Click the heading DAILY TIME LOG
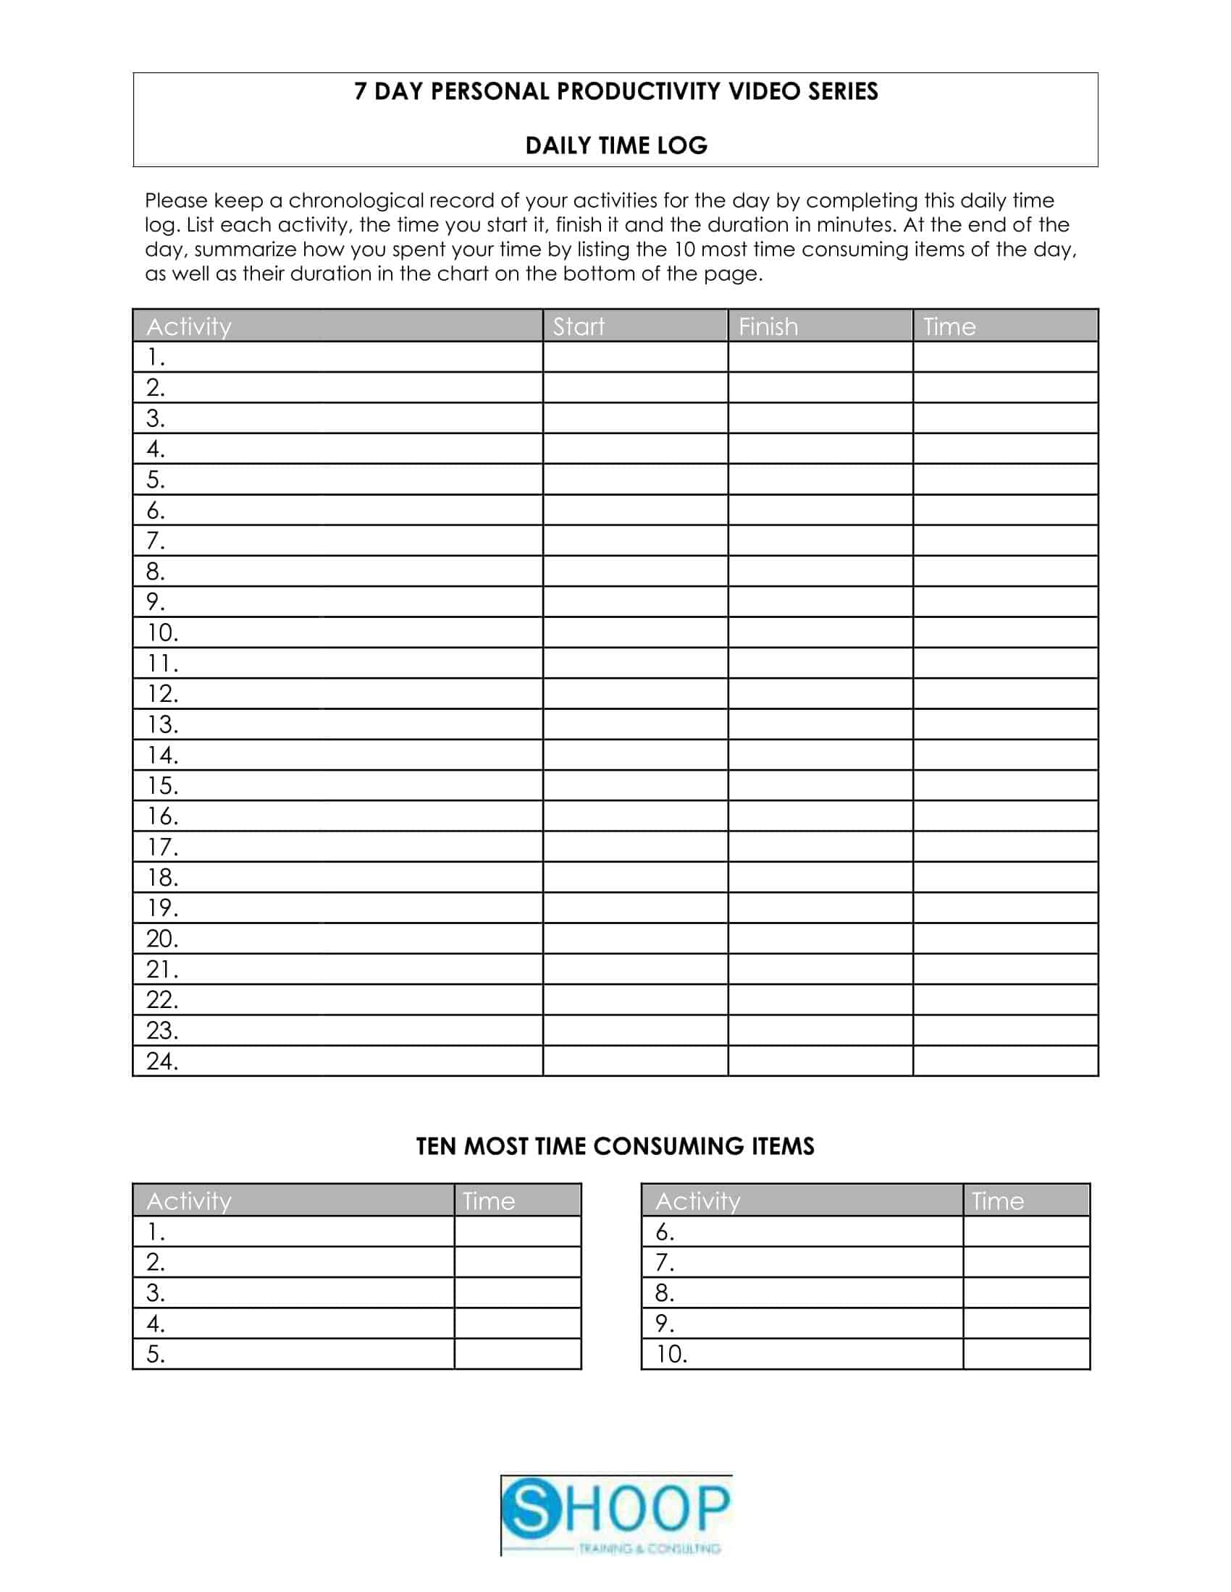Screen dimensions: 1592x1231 pyautogui.click(x=616, y=145)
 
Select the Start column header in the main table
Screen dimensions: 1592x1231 pyautogui.click(x=579, y=326)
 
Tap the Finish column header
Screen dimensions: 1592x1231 pyautogui.click(x=768, y=326)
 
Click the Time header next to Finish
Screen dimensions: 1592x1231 pyautogui.click(x=949, y=326)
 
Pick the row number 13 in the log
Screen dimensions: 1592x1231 pyautogui.click(x=162, y=724)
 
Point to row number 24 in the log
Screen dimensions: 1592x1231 pyautogui.click(x=162, y=1062)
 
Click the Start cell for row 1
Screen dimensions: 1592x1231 pyautogui.click(x=634, y=357)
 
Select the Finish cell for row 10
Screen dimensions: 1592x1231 pyautogui.click(x=820, y=632)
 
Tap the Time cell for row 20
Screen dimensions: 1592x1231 pyautogui.click(x=1005, y=939)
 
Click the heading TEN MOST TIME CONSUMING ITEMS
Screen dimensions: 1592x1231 pyautogui.click(x=615, y=1147)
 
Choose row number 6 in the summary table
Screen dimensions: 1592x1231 pyautogui.click(x=664, y=1232)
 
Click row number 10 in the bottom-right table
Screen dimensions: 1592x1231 pyautogui.click(x=671, y=1355)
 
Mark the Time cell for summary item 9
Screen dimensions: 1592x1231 pyautogui.click(x=1026, y=1324)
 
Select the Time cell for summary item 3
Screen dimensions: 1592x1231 pyautogui.click(x=517, y=1293)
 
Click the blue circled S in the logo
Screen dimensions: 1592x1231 pyautogui.click(x=533, y=1508)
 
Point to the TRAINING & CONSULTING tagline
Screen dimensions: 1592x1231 pyautogui.click(x=649, y=1548)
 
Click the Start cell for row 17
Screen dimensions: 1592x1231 pyautogui.click(x=634, y=847)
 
